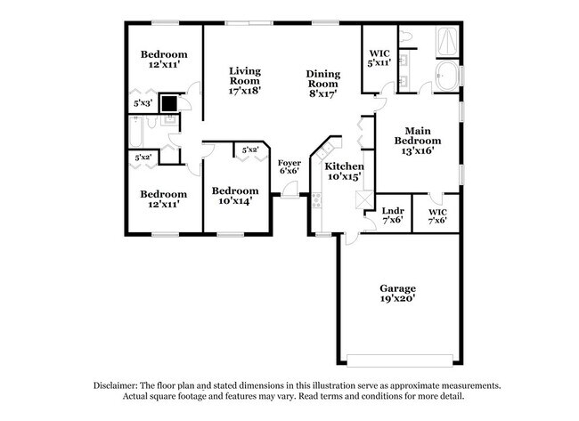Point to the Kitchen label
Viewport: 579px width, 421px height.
[x=343, y=166]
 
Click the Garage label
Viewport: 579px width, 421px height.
[x=398, y=288]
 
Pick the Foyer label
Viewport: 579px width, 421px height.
[x=289, y=163]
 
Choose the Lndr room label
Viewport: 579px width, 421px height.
[x=393, y=210]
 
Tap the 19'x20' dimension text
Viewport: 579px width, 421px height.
[x=398, y=300]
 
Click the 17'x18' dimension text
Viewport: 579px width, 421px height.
[x=245, y=90]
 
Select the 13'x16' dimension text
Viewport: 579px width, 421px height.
[x=417, y=150]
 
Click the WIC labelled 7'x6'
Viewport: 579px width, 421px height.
[x=437, y=216]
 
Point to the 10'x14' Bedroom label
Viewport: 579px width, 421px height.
[x=235, y=190]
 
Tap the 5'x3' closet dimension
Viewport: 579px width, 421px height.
[x=143, y=103]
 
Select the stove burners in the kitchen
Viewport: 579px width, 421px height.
[x=316, y=201]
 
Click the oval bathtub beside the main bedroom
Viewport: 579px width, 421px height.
[x=447, y=77]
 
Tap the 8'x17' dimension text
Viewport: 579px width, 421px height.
[x=322, y=91]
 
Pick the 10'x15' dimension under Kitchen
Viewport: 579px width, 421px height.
[x=343, y=177]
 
